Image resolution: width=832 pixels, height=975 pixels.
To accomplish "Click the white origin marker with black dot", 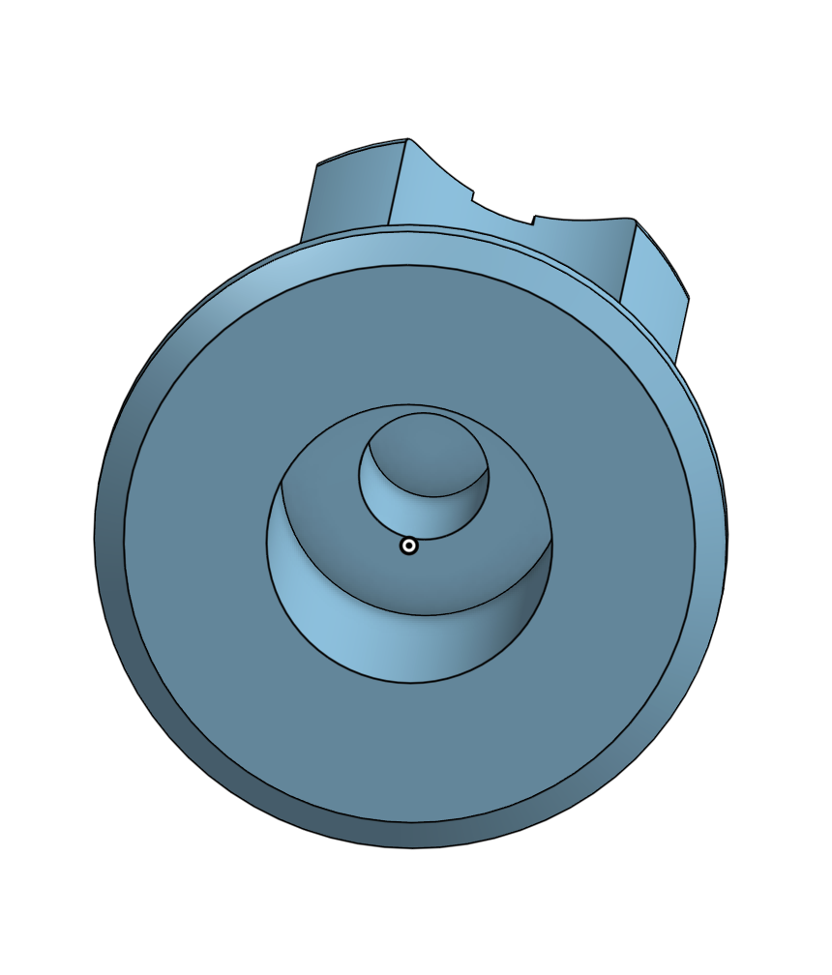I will (409, 547).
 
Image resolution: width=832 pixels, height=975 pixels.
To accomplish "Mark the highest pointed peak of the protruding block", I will (407, 140).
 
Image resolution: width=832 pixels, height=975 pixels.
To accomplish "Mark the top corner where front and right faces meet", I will (636, 222).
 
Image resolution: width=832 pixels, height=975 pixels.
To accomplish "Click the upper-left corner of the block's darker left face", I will (317, 165).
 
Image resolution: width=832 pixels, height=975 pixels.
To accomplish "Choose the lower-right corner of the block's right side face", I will (675, 363).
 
